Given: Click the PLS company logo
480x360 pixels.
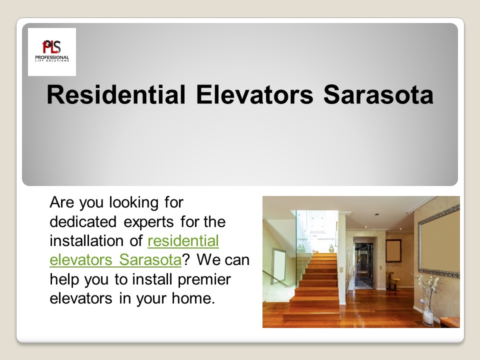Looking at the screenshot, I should pos(51,51).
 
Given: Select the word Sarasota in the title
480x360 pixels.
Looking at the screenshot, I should pos(378,94).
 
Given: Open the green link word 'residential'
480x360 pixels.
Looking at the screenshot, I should pos(183,241).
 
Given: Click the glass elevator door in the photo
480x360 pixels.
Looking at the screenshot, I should pos(363,264).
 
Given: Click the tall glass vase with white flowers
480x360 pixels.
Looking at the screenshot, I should pos(428,305).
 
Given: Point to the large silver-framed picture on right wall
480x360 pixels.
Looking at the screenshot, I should pos(438,240).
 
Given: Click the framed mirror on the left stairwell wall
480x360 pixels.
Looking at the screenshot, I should pos(278,264).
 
